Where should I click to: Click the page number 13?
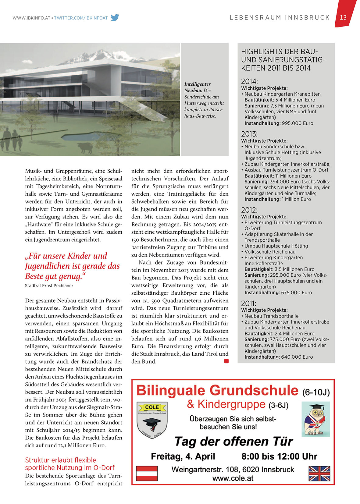(343, 17)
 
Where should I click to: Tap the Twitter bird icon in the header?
(115, 18)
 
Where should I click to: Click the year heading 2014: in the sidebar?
(249, 82)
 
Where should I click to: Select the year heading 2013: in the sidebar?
(249, 134)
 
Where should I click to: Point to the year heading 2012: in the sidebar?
(249, 210)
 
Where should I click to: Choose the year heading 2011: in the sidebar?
(249, 303)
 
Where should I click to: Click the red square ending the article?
(226, 361)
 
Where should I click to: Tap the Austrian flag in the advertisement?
(147, 473)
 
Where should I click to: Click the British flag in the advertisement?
(319, 473)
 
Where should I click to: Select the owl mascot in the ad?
(315, 419)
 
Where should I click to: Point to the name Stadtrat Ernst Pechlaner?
(49, 286)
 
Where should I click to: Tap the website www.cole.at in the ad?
(233, 478)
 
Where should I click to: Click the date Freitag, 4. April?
(183, 456)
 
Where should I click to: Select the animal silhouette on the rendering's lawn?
(85, 148)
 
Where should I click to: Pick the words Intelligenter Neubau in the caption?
(197, 87)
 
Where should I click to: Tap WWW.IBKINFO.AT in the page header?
(31, 18)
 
